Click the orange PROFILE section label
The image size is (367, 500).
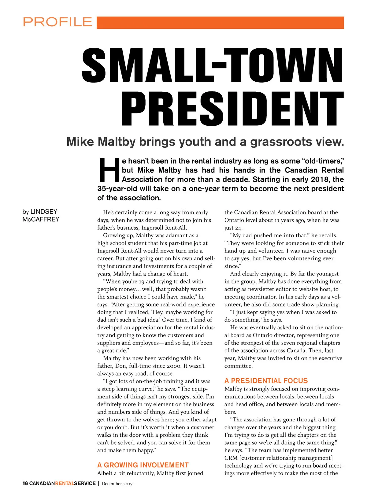[57, 22]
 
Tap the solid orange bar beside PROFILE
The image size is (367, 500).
[220, 23]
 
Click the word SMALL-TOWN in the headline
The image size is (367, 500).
[213, 65]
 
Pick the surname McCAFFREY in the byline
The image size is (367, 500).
[41, 219]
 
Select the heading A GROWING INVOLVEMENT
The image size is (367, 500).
[143, 465]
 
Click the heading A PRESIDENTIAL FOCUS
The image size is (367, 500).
[266, 381]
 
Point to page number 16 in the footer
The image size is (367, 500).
[25, 483]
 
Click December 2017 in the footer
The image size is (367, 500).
[117, 483]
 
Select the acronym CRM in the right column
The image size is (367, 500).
[231, 458]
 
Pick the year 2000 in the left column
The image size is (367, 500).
[176, 366]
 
